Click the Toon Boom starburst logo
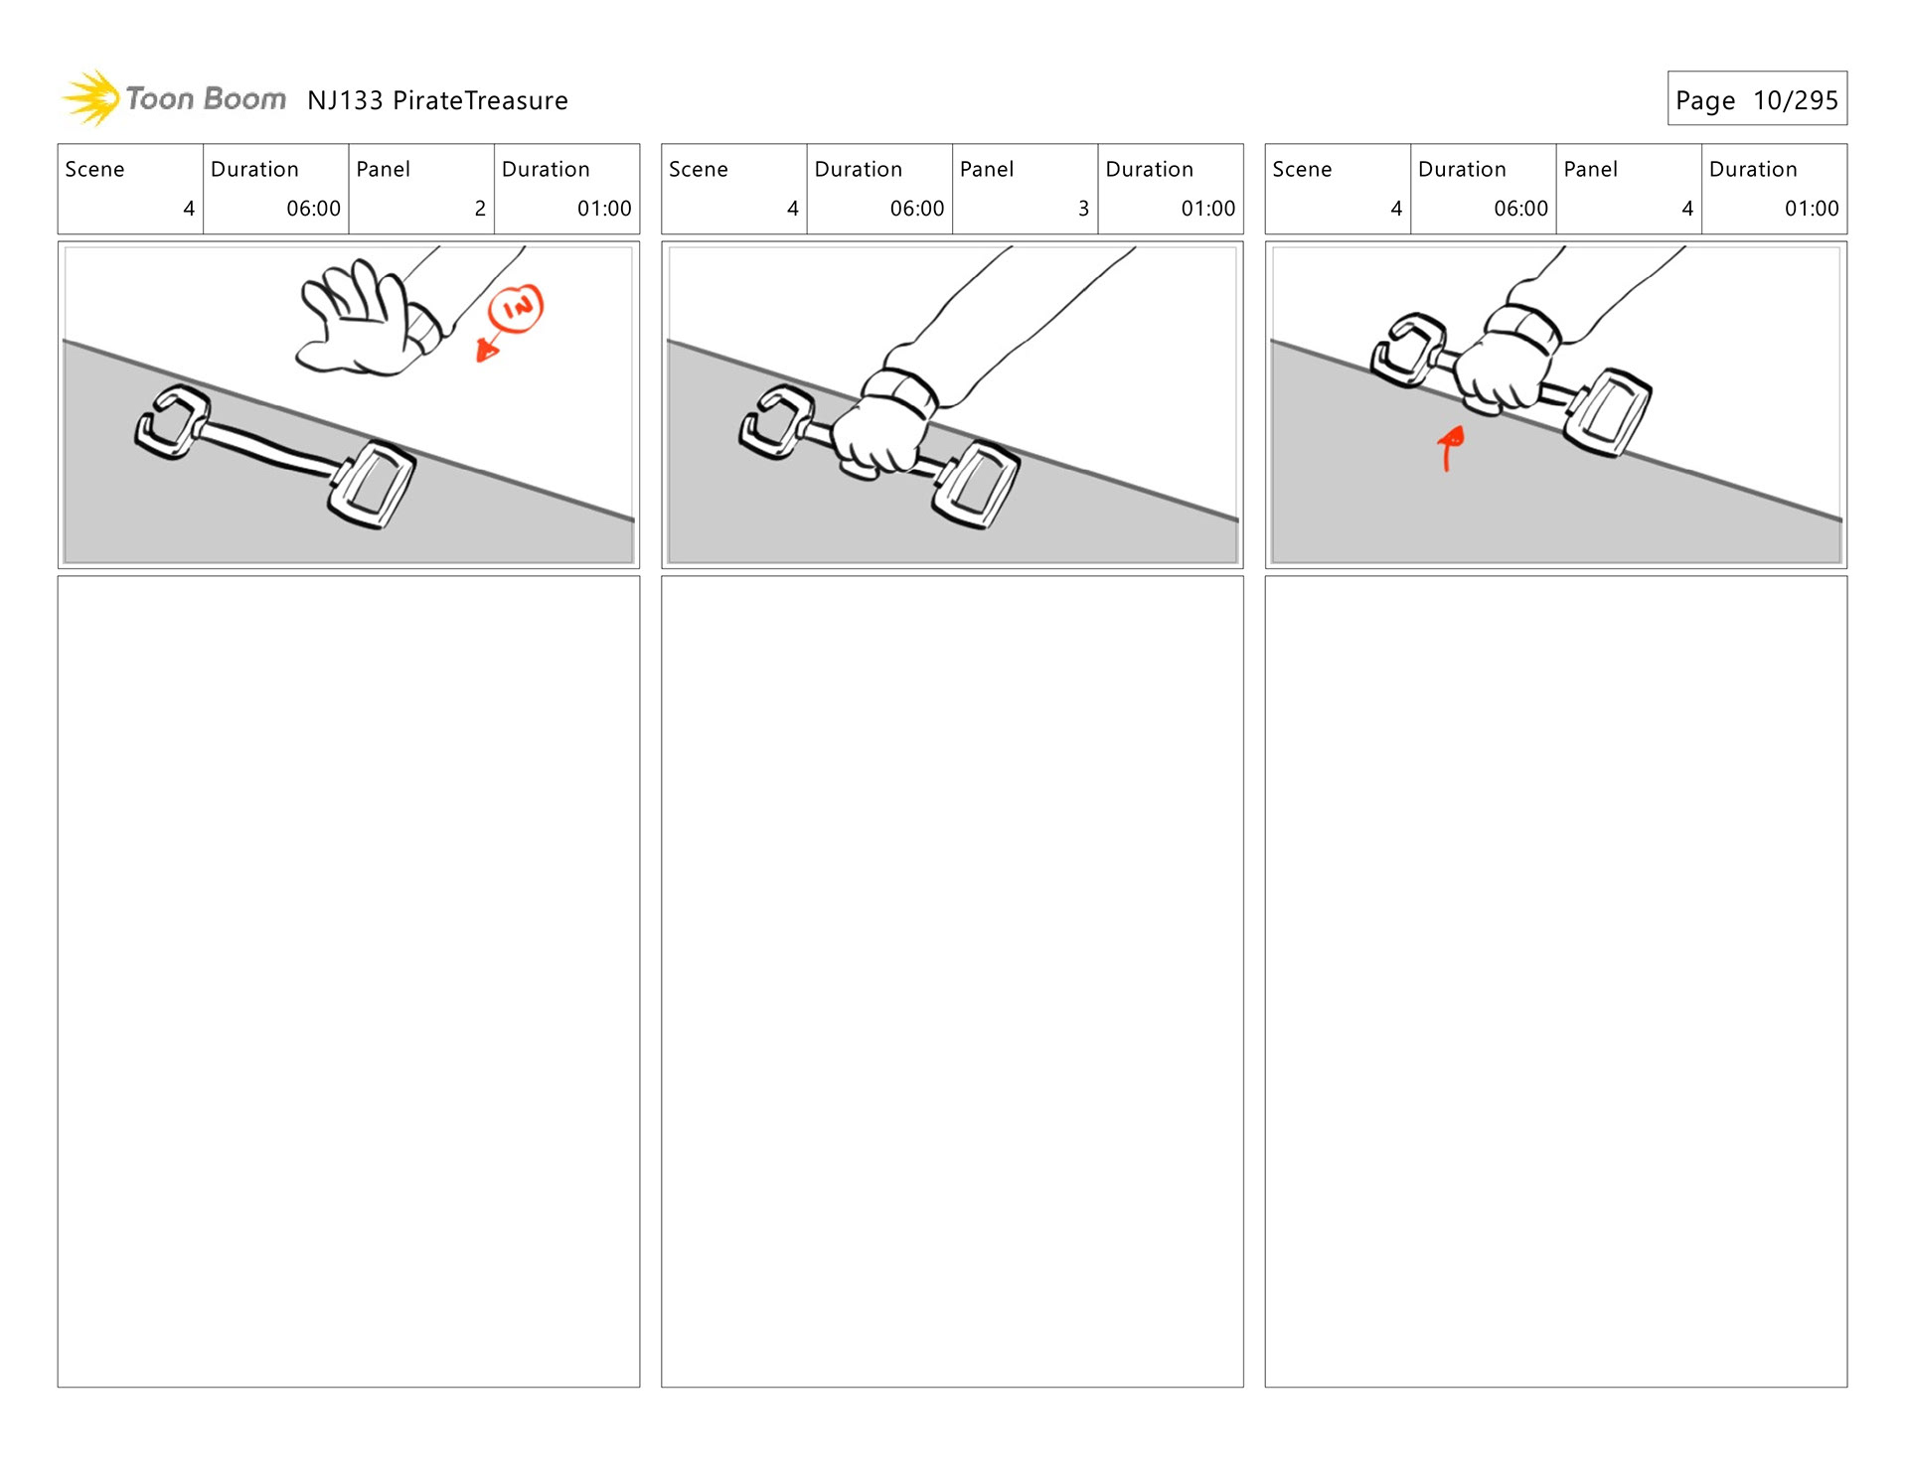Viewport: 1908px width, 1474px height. point(92,98)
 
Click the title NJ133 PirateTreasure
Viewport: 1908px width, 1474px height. point(437,100)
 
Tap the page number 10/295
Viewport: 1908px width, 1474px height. point(1795,100)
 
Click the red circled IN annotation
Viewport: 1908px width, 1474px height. point(517,308)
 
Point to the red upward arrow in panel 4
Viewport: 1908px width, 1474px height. point(1451,447)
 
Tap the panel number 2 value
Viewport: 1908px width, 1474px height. point(480,209)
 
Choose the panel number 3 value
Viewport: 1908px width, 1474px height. point(1083,209)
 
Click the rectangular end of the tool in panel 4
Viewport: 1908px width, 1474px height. point(1607,412)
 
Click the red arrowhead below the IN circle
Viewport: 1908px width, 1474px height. point(487,349)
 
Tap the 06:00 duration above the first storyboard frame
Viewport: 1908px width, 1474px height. point(313,209)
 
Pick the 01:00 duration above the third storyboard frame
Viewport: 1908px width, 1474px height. point(1811,209)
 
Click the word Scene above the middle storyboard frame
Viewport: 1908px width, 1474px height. point(698,170)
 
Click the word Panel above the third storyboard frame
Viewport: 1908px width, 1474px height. point(1590,170)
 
